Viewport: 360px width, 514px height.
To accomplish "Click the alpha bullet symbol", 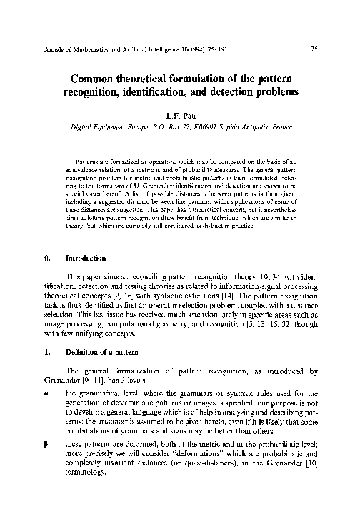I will tap(46, 413).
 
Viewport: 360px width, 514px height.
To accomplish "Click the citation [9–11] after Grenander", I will tap(102, 401).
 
